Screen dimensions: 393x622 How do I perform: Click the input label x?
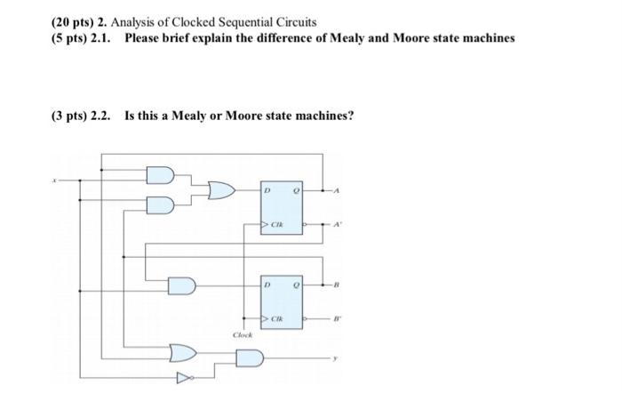[53, 180]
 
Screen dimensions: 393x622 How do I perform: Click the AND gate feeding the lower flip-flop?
[182, 285]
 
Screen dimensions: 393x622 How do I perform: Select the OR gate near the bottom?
[183, 351]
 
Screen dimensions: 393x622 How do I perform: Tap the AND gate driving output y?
[250, 359]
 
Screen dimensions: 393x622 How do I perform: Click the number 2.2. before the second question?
[100, 115]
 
